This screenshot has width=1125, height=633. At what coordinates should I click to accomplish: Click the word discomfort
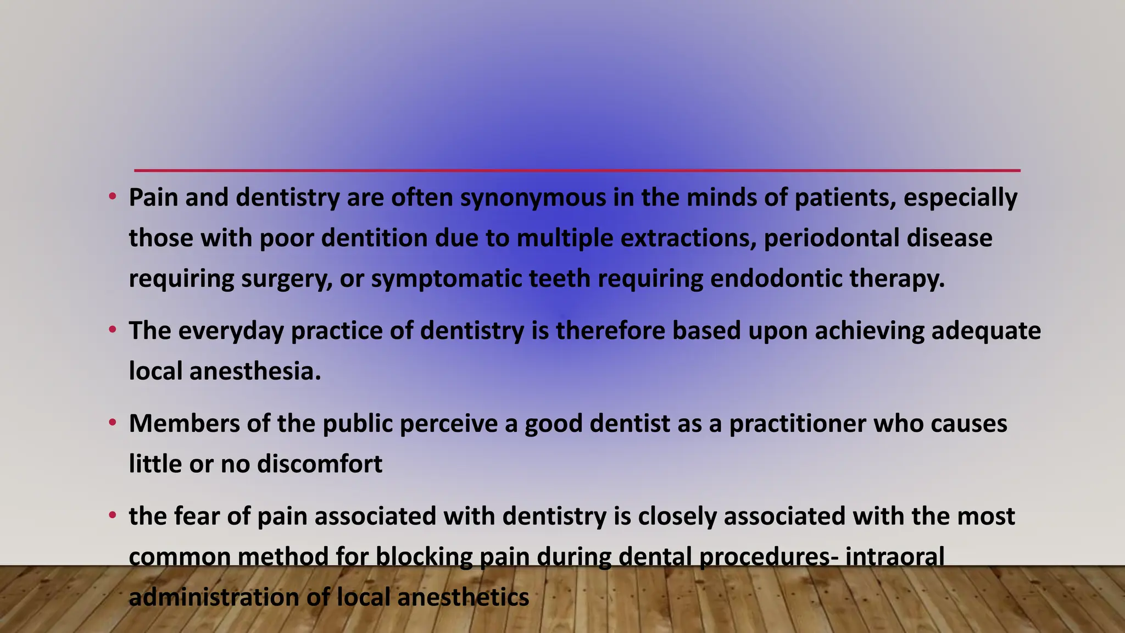pyautogui.click(x=320, y=464)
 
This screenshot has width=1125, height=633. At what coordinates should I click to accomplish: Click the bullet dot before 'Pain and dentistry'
pyautogui.click(x=113, y=197)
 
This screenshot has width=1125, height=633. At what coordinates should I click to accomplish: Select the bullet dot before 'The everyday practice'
pyautogui.click(x=113, y=330)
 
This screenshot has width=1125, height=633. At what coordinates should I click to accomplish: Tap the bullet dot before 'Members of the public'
pyautogui.click(x=113, y=423)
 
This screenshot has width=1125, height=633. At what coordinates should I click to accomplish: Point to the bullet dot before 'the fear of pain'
pyautogui.click(x=113, y=515)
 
